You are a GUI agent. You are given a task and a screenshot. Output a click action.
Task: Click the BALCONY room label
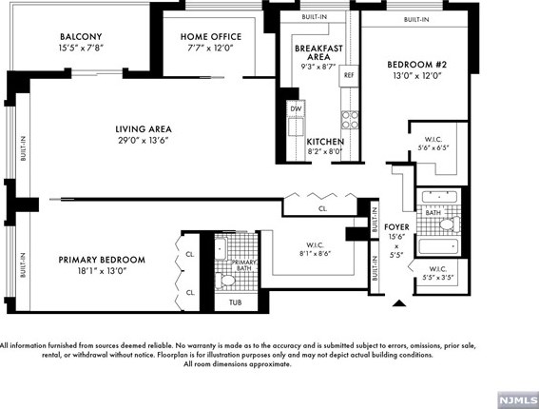(81, 37)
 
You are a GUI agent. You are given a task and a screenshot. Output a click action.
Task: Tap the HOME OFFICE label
(211, 37)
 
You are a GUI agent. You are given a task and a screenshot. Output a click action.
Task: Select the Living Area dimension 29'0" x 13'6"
(144, 141)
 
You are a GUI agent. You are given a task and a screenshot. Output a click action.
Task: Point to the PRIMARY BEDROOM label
(102, 260)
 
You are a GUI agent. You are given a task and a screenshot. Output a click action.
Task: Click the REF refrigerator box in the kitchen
(349, 75)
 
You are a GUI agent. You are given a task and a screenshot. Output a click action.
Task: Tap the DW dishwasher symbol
(296, 108)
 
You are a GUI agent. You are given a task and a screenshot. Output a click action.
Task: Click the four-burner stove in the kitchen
(350, 120)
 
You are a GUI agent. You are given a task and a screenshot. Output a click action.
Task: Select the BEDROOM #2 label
(416, 65)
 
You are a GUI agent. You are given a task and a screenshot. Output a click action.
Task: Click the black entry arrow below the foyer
(399, 303)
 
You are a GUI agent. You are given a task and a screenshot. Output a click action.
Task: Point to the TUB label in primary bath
(236, 302)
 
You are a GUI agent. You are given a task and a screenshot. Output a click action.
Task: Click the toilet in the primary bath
(225, 280)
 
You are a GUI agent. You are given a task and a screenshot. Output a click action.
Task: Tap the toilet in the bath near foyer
(450, 224)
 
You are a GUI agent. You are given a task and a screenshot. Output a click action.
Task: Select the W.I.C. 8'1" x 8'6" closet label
(315, 249)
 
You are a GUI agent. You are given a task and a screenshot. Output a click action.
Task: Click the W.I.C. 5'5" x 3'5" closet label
(438, 273)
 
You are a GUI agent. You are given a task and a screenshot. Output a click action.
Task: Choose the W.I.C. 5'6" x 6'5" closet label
(433, 144)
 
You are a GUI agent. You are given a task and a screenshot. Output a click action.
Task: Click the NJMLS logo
(518, 400)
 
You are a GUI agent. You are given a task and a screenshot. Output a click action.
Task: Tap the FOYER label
(396, 227)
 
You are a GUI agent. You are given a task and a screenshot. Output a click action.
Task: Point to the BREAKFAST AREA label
(318, 52)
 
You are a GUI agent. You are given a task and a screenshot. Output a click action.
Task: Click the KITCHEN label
(325, 142)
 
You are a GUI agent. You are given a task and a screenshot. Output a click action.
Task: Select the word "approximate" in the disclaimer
(270, 364)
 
